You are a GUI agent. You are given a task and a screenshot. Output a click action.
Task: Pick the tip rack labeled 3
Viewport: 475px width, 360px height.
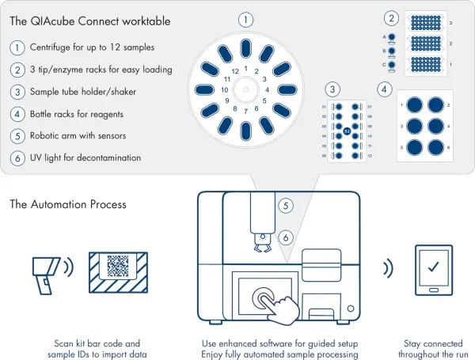coord(427,24)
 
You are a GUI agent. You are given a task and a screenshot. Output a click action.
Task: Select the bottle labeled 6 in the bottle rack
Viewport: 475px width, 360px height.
coord(435,147)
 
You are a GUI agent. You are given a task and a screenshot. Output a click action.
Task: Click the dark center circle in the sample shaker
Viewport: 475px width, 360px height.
coord(347,127)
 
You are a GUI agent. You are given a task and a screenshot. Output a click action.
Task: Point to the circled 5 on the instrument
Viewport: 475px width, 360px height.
coord(287,206)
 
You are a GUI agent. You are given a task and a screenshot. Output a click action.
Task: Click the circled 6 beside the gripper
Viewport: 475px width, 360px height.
coord(287,236)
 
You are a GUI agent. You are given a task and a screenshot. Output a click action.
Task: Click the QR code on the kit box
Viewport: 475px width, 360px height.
coord(117,265)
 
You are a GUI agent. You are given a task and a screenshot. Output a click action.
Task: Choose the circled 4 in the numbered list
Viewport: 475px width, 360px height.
coord(17,113)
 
